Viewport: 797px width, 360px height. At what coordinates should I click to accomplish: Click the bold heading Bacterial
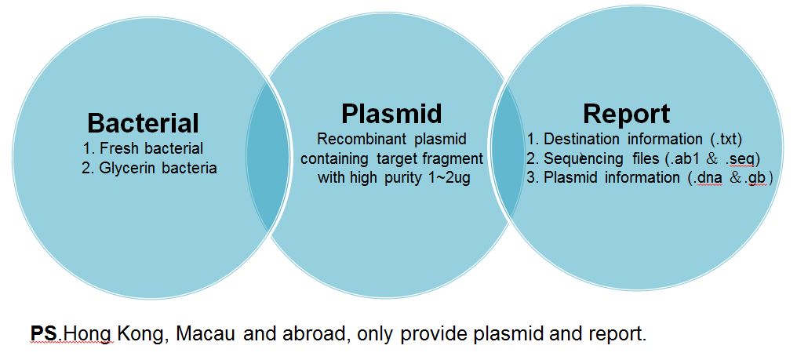tap(143, 123)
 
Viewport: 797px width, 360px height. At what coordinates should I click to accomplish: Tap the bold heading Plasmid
tap(391, 113)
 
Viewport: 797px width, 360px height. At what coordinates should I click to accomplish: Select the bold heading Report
tap(627, 113)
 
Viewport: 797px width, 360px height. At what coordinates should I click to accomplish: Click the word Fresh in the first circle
tap(117, 148)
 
